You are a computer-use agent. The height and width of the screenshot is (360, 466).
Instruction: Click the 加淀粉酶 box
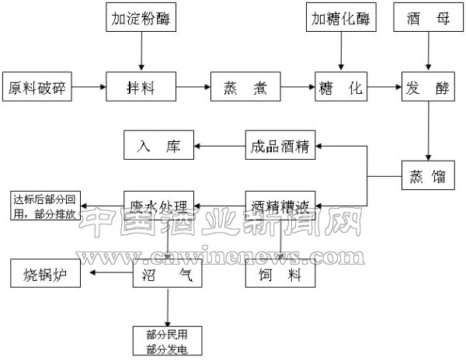(x=141, y=18)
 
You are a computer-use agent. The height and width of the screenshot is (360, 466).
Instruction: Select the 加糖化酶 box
(x=341, y=18)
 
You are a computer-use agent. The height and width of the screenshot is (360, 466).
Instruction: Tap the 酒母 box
(x=426, y=18)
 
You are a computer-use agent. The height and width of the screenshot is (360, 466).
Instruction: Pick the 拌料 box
(x=141, y=87)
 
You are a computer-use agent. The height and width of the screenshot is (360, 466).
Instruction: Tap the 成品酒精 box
(x=280, y=145)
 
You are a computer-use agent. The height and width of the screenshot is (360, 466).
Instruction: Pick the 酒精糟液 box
(x=280, y=206)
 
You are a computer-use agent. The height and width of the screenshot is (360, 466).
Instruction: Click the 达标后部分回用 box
(x=43, y=206)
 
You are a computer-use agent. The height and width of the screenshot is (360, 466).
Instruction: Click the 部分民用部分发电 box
(x=166, y=340)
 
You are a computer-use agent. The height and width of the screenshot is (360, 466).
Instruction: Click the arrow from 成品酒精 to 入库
(x=219, y=145)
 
